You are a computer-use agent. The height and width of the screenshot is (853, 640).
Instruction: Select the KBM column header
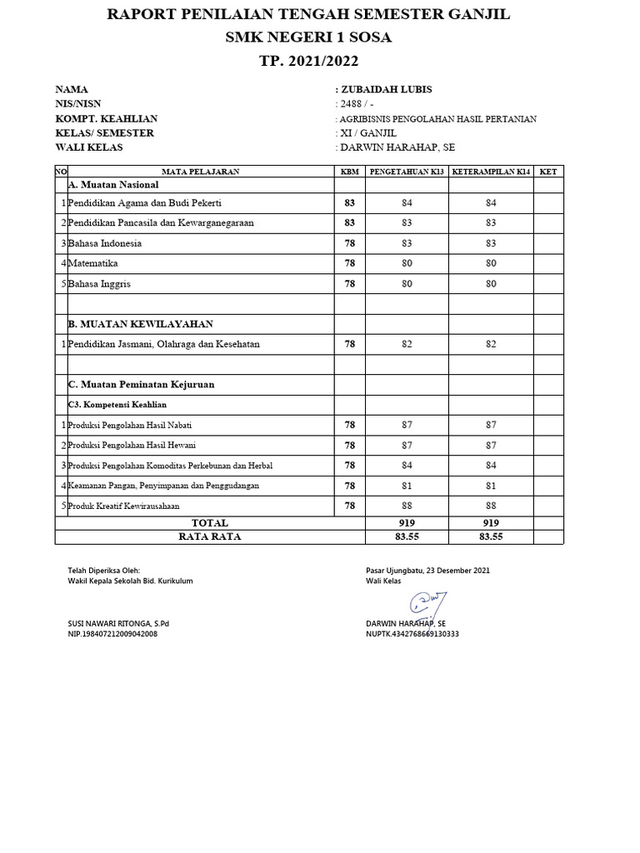(350, 172)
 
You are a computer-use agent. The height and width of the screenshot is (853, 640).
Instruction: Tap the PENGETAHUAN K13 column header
(407, 172)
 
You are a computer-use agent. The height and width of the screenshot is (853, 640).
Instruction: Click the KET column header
(547, 172)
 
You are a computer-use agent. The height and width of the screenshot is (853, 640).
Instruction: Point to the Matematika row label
(92, 263)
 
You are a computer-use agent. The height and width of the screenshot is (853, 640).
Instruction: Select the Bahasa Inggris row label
(99, 284)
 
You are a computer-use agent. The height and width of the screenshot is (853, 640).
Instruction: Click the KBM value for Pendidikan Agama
(350, 203)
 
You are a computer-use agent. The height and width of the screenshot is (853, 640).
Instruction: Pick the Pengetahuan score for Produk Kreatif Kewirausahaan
(407, 506)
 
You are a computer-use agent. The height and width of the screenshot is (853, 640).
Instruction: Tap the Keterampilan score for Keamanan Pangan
(491, 486)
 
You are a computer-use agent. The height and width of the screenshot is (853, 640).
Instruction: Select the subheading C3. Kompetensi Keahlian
(117, 404)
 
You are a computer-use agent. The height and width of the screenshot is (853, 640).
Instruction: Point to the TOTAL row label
(210, 523)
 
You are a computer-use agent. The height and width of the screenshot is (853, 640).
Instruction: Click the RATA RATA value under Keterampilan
(491, 537)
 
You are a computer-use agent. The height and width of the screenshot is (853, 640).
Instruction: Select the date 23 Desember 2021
(458, 571)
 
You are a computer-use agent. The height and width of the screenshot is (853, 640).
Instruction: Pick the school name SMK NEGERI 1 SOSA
(319, 37)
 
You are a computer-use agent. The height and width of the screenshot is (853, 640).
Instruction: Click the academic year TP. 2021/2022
(319, 61)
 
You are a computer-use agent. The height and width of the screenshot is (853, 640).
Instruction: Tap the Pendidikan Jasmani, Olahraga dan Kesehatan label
(164, 344)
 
